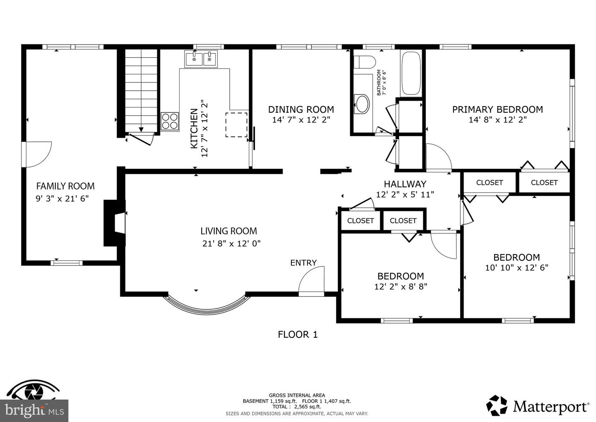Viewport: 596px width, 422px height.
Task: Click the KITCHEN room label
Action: (194, 129)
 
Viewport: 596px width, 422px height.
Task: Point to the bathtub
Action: (411, 74)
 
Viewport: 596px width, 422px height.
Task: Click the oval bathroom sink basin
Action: (362, 104)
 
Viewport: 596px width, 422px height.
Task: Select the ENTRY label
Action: (303, 262)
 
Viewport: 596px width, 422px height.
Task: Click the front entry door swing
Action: (312, 281)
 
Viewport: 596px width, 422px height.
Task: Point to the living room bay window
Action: (206, 305)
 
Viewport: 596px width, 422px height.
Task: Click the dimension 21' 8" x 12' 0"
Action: (231, 244)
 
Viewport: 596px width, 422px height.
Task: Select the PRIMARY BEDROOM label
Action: (497, 109)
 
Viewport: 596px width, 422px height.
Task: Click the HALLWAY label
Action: (405, 184)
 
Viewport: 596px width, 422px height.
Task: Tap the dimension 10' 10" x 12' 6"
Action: (517, 268)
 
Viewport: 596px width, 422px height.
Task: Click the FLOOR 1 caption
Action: (298, 334)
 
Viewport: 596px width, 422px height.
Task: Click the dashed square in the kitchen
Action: (236, 125)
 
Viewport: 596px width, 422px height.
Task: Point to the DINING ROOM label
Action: (301, 109)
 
